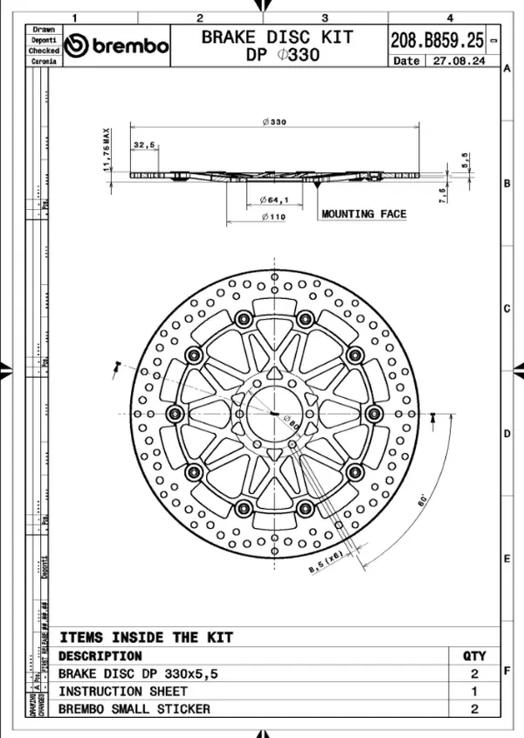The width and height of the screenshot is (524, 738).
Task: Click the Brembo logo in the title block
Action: [117, 45]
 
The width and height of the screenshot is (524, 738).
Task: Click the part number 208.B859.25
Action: [436, 39]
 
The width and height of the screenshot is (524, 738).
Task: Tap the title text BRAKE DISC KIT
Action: [278, 37]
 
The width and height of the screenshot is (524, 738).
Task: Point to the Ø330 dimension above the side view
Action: [274, 122]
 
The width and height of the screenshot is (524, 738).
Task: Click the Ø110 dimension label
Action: [272, 217]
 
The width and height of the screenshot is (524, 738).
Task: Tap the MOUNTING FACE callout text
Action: [363, 213]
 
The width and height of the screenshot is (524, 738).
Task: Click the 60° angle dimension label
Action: [422, 502]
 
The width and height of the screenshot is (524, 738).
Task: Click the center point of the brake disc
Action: [274, 413]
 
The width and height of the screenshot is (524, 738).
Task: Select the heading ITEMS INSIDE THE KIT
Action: [146, 637]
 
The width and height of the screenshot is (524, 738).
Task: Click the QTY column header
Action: [474, 656]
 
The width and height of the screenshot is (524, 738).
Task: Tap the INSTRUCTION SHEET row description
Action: [122, 692]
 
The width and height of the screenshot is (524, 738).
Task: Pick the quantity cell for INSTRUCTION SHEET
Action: [474, 692]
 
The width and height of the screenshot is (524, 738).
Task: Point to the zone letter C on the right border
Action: [507, 309]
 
